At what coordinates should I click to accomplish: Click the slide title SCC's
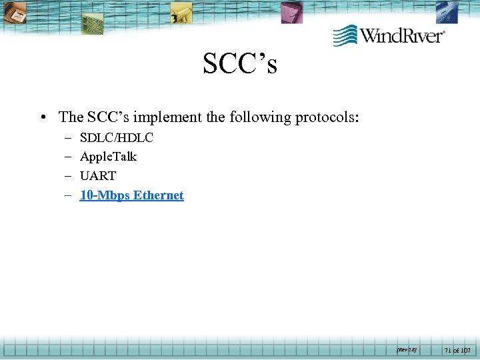(x=240, y=64)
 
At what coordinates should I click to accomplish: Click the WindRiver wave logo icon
(x=345, y=35)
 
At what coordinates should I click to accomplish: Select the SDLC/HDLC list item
(x=116, y=138)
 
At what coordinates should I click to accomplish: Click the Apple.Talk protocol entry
(x=108, y=157)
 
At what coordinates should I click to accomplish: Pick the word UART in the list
(x=97, y=176)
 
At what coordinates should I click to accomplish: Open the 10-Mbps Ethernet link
(x=131, y=195)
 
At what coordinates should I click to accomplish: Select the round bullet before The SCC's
(x=43, y=118)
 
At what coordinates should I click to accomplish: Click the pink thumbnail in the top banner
(x=291, y=11)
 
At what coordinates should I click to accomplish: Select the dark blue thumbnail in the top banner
(x=447, y=11)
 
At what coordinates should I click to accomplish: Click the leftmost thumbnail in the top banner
(x=14, y=11)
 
